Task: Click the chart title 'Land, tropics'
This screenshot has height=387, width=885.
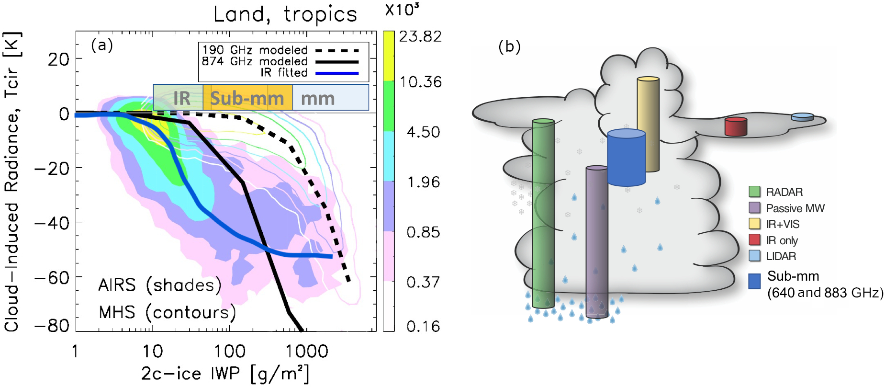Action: (x=285, y=14)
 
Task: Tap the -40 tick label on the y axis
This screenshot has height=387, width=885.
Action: (x=52, y=223)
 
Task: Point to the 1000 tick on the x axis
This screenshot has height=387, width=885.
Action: (x=307, y=352)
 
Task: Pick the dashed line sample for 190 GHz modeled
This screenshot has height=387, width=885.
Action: (x=336, y=50)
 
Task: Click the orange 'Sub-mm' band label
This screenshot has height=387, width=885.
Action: (x=247, y=98)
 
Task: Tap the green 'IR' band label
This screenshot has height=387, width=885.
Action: (x=181, y=98)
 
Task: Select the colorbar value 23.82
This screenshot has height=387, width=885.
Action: (x=420, y=36)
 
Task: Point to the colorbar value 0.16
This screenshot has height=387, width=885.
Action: (x=423, y=326)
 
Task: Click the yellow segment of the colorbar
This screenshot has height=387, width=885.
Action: (x=389, y=55)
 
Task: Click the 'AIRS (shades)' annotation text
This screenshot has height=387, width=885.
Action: (x=160, y=285)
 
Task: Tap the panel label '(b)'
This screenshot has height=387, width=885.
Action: (x=509, y=46)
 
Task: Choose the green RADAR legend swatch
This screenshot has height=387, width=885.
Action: (x=754, y=192)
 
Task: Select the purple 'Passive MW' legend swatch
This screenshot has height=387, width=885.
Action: (x=754, y=208)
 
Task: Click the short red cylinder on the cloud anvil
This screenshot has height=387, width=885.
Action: (x=736, y=127)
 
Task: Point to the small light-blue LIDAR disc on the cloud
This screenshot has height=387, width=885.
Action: (x=802, y=117)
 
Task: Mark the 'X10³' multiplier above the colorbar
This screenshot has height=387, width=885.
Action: (x=402, y=10)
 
